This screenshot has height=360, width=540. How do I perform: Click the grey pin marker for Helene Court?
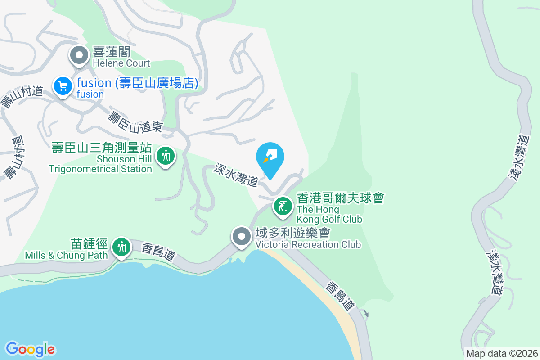click(x=80, y=56)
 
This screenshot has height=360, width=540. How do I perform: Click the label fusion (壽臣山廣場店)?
click(x=137, y=83)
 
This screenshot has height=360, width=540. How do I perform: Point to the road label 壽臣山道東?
click(x=135, y=121)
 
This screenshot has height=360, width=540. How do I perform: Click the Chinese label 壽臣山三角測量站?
click(x=101, y=148)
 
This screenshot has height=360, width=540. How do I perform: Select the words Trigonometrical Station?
click(x=100, y=169)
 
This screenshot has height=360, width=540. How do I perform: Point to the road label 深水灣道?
click(x=236, y=175)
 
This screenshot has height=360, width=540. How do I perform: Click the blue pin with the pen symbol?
click(x=270, y=158)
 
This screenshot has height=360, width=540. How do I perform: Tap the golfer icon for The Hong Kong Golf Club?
click(x=283, y=207)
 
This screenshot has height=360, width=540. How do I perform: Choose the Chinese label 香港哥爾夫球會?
click(x=340, y=198)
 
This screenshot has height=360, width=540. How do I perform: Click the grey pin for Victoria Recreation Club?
click(x=242, y=236)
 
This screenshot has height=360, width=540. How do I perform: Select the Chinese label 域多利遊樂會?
click(x=292, y=234)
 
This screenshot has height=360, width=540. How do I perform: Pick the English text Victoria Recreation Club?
click(x=308, y=245)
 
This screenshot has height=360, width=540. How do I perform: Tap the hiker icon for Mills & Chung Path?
click(x=121, y=247)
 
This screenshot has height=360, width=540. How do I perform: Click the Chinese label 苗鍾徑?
click(x=89, y=244)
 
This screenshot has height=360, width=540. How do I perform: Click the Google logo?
click(x=30, y=349)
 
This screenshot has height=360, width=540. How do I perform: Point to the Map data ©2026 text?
click(x=502, y=353)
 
